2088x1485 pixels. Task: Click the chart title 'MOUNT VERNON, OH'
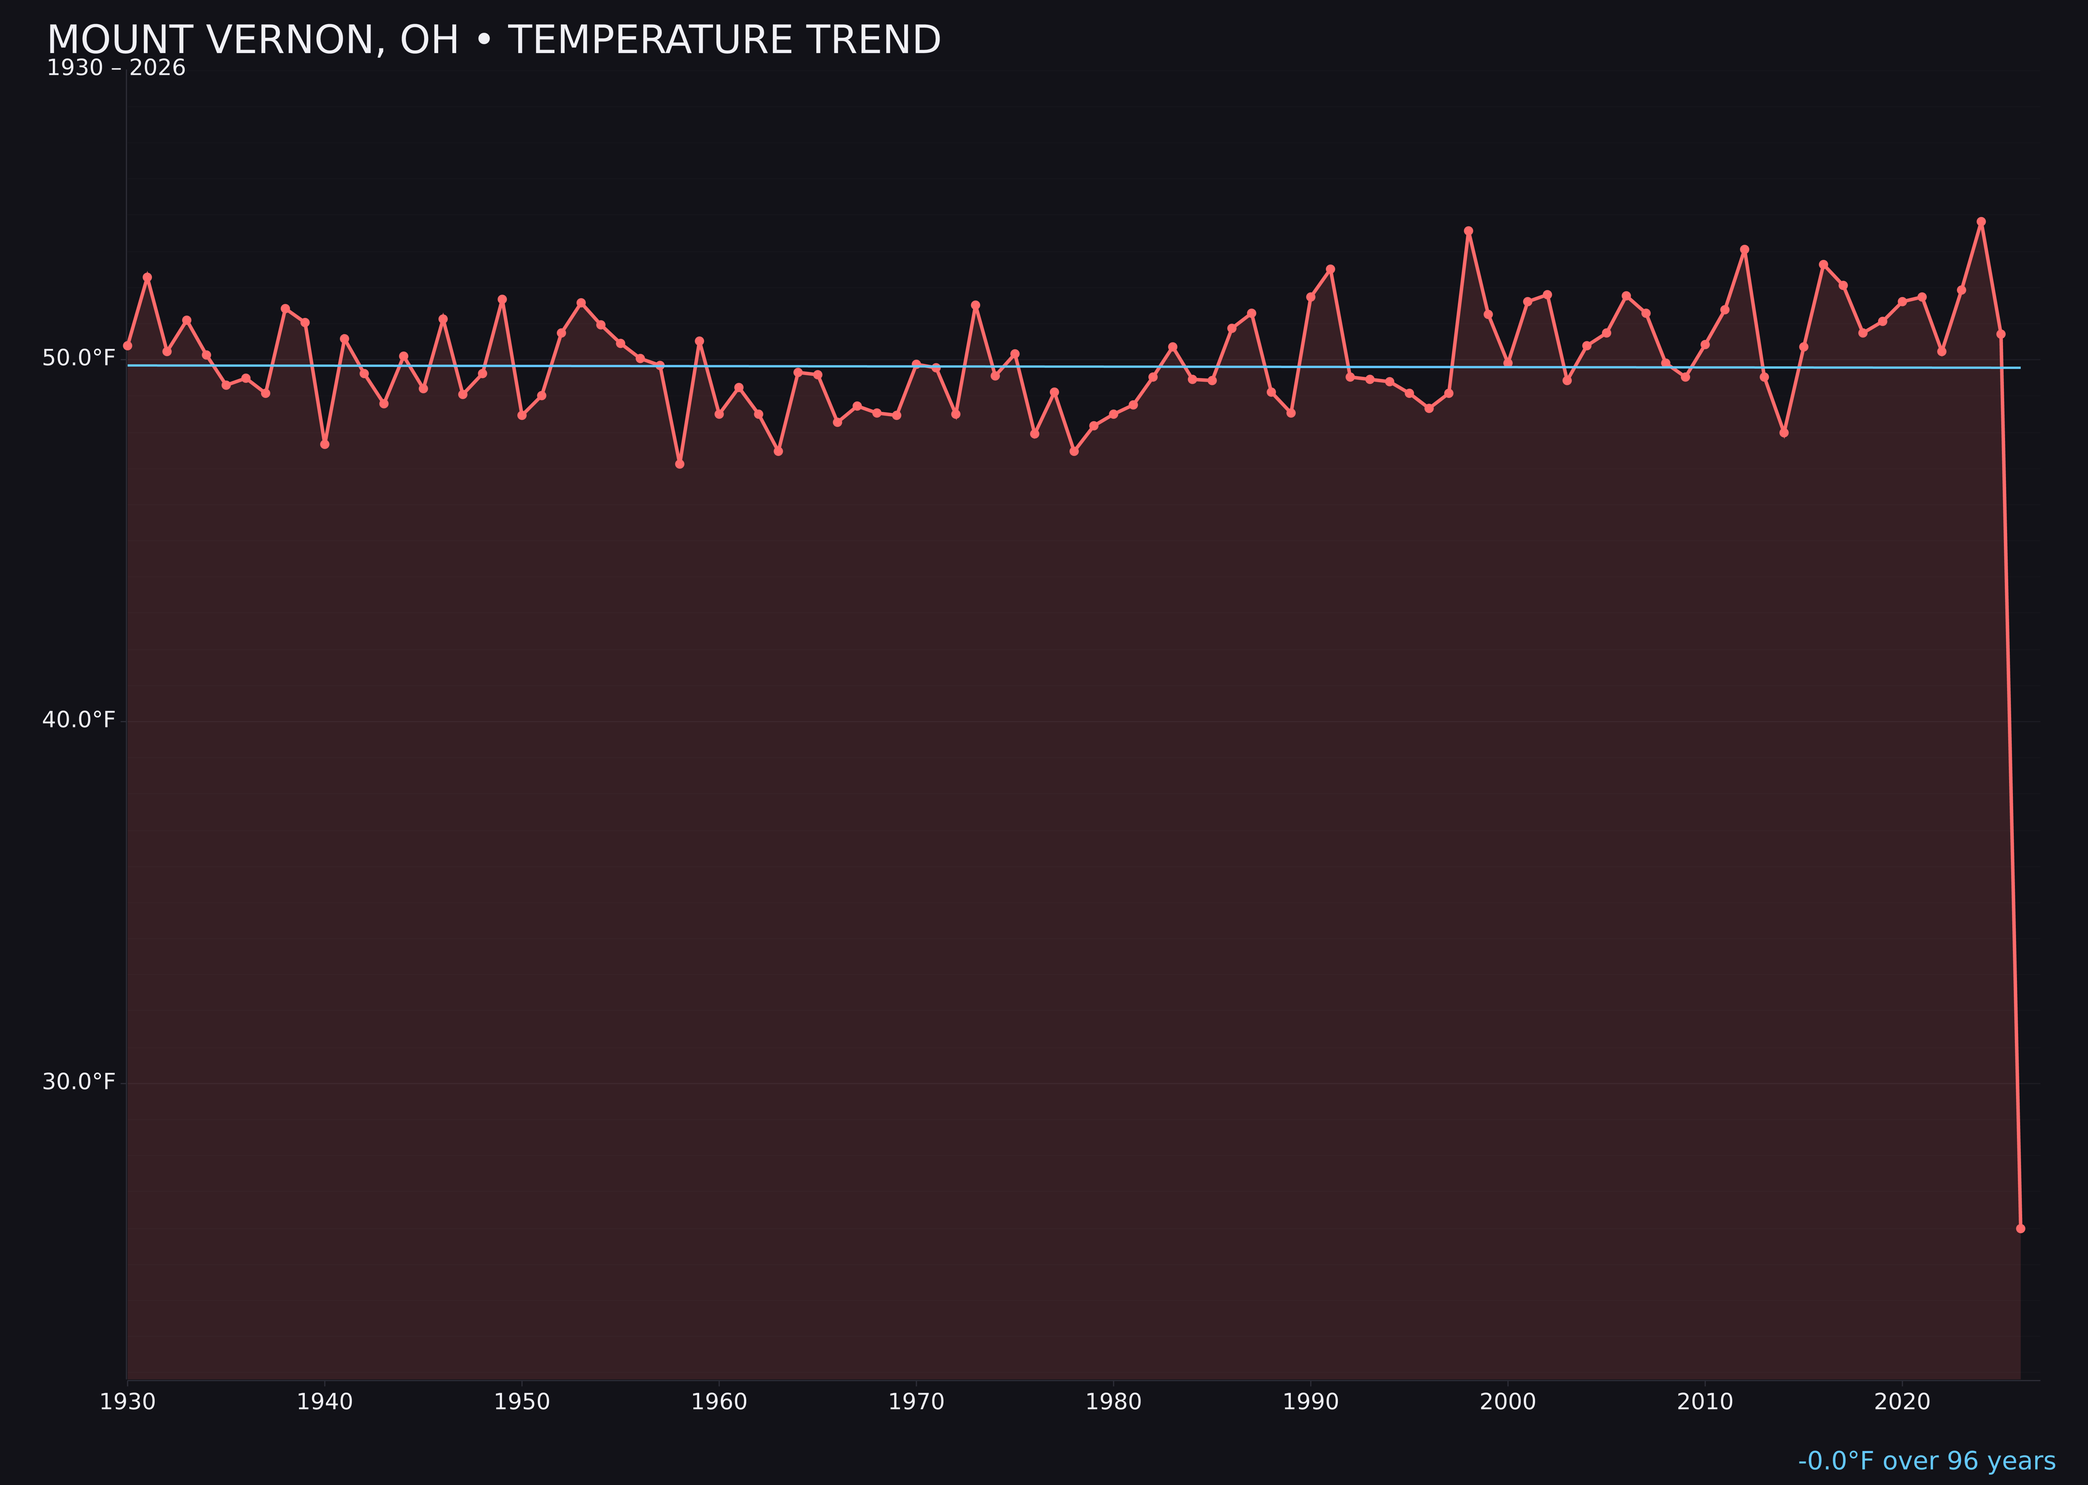click(x=494, y=40)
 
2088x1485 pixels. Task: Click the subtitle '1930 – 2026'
click(x=116, y=68)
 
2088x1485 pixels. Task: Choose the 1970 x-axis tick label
click(x=916, y=1402)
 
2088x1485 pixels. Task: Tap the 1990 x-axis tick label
click(x=1311, y=1402)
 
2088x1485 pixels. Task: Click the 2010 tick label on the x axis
click(x=1705, y=1402)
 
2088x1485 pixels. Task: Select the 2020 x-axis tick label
click(x=1902, y=1402)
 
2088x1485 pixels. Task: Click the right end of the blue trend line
click(x=2020, y=368)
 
